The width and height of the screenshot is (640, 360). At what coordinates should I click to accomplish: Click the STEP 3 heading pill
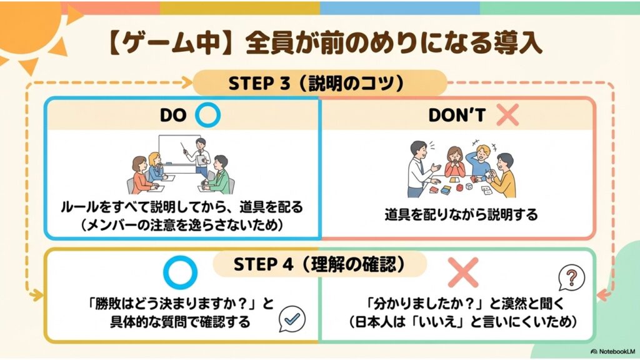click(x=319, y=83)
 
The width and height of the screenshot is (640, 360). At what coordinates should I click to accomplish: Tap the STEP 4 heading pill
click(x=319, y=264)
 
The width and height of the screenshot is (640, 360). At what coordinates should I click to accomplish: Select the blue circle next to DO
click(x=207, y=115)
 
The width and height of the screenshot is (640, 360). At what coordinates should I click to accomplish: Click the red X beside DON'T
click(x=507, y=115)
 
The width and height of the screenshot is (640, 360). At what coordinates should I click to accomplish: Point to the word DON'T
click(x=457, y=116)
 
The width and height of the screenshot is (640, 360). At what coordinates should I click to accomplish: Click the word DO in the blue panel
click(x=173, y=116)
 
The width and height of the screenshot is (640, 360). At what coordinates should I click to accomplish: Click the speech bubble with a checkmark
click(x=292, y=319)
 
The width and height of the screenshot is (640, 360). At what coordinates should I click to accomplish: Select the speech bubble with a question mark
click(x=571, y=278)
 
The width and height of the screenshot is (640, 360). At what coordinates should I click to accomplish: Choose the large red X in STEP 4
click(x=463, y=272)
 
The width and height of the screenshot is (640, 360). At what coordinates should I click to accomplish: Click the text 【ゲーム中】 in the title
click(x=164, y=43)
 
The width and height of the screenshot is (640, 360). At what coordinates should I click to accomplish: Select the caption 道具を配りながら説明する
click(x=461, y=214)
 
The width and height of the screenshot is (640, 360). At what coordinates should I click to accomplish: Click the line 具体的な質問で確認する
click(x=180, y=322)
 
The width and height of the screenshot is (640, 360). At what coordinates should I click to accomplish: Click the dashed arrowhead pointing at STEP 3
click(x=187, y=83)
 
